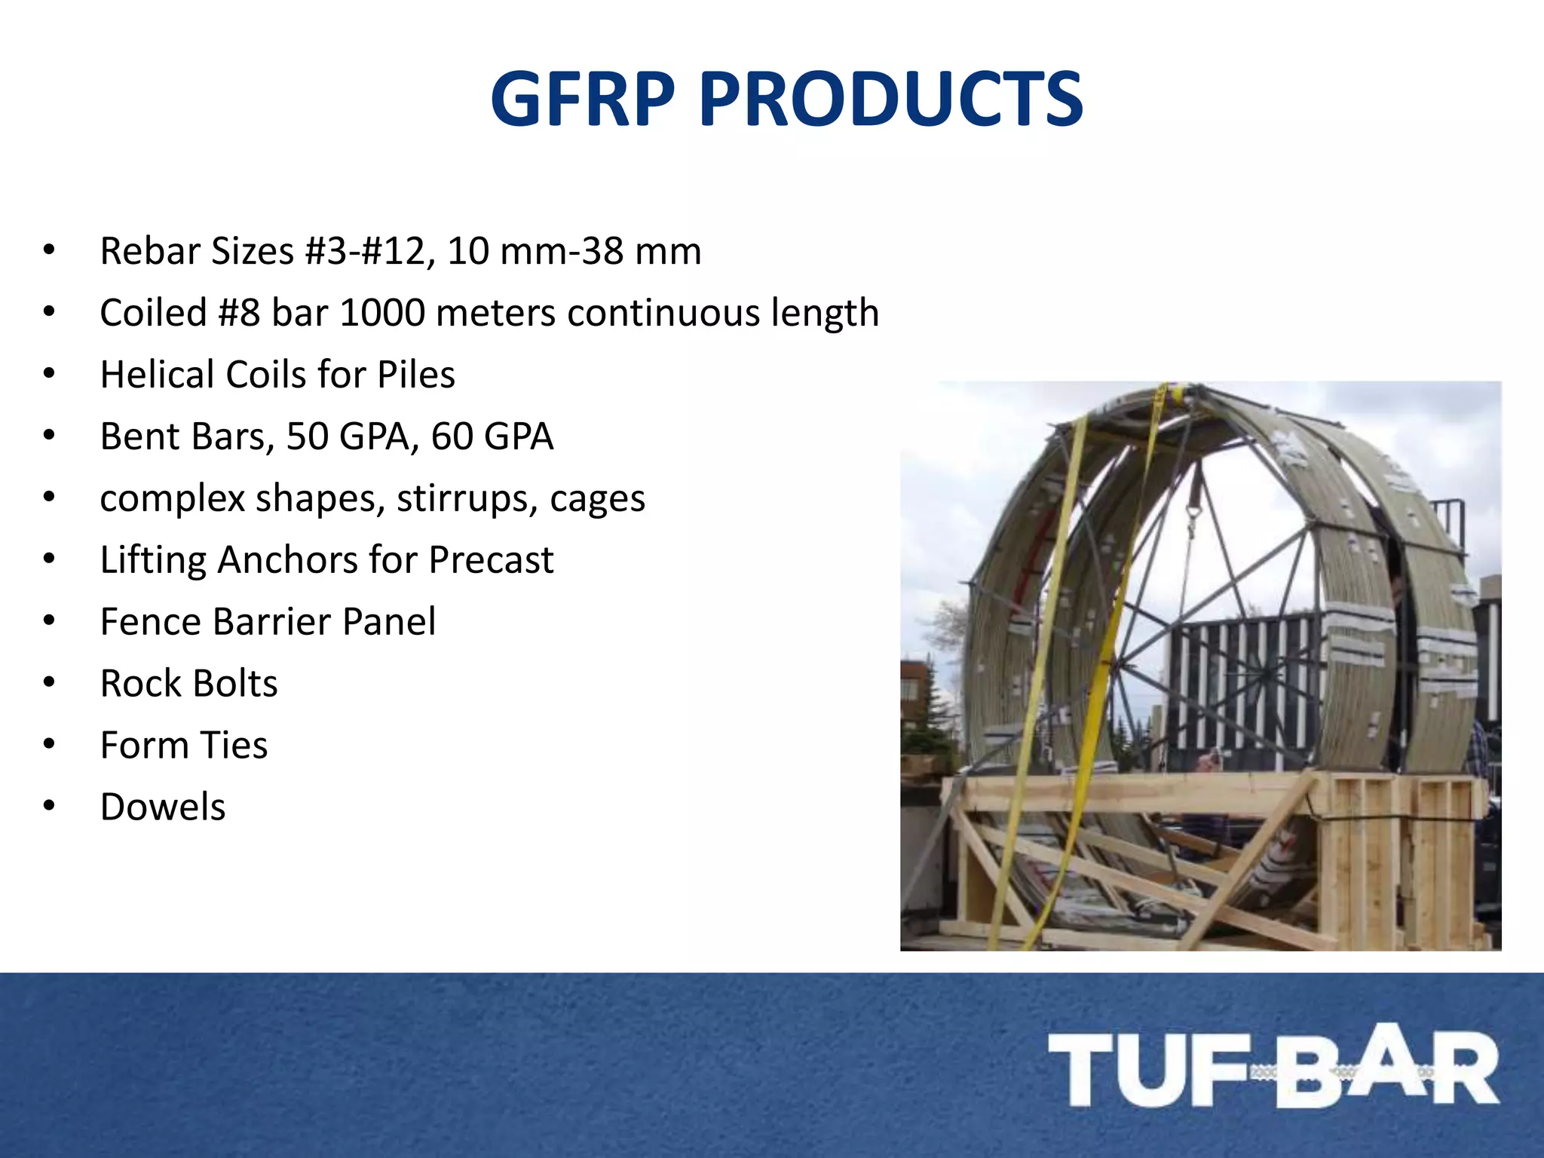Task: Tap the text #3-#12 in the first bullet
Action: pyautogui.click(x=369, y=252)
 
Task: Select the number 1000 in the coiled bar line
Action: pyautogui.click(x=382, y=313)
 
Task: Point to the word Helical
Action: pyautogui.click(x=158, y=375)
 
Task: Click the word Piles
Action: pyautogui.click(x=416, y=375)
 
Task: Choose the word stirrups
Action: pyautogui.click(x=467, y=498)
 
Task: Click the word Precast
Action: pyautogui.click(x=491, y=560)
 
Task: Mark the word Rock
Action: pyautogui.click(x=136, y=684)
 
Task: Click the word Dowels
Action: pyautogui.click(x=163, y=807)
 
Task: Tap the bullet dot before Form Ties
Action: pyautogui.click(x=50, y=746)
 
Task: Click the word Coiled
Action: pyautogui.click(x=153, y=313)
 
